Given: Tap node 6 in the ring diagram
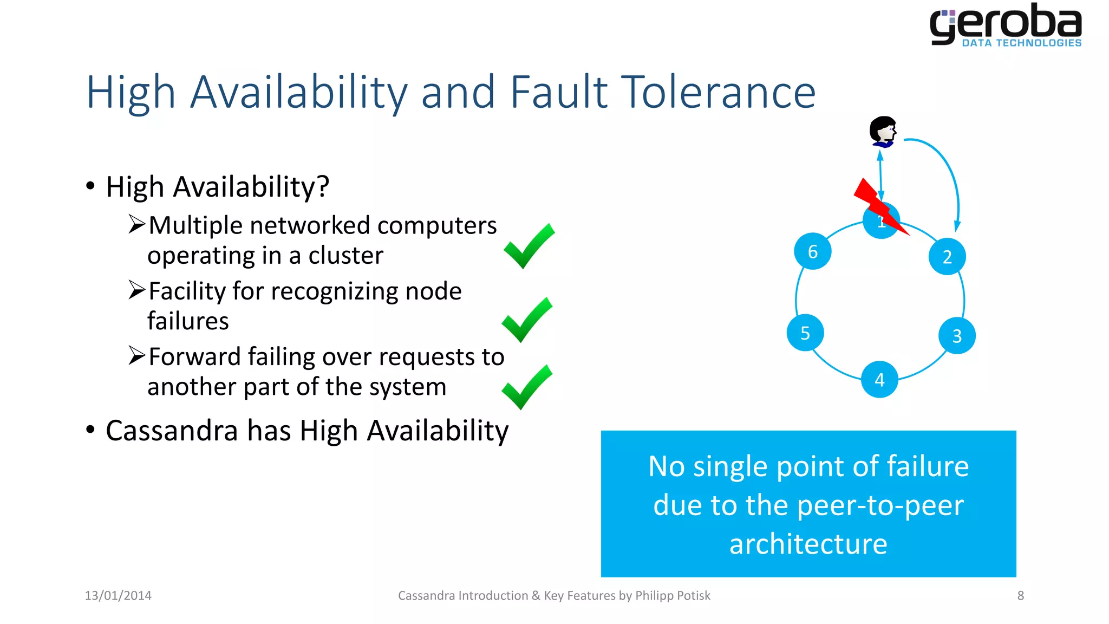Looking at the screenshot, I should pos(812,251).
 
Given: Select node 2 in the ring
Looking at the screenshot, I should pos(947,256).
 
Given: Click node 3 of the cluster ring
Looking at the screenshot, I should pos(957,336).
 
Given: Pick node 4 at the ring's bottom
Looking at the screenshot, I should pos(879,379).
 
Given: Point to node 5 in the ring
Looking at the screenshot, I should pos(805,333).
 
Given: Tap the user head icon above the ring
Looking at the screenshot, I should pos(883,131).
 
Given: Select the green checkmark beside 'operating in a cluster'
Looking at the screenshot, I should pos(529,246).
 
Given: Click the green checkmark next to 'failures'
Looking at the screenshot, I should pos(527,320).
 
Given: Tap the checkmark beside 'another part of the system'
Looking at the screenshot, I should pos(527,387).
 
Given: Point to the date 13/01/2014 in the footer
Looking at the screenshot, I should pos(118,595).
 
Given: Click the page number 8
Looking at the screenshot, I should pos(1020,595).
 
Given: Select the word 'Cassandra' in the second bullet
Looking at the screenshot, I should pos(172,431).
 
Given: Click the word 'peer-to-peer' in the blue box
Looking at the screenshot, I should pos(880,505).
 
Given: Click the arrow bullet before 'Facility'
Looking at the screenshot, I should pos(136,290).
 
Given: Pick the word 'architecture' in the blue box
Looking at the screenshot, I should pos(808,544).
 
